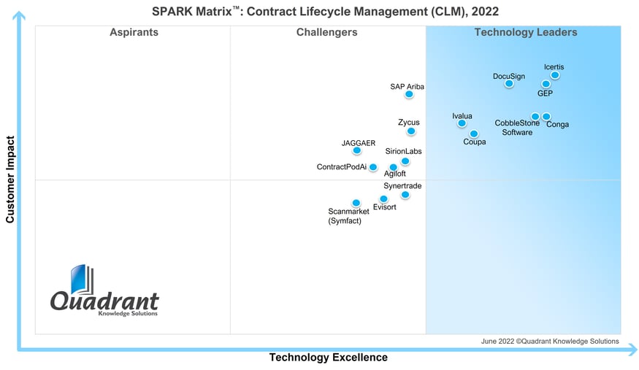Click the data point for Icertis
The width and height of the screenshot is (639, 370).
[x=555, y=75]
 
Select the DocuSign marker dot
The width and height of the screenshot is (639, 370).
[x=509, y=84]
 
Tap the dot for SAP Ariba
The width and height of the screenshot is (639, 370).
[x=409, y=94]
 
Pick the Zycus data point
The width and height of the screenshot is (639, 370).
[x=411, y=131]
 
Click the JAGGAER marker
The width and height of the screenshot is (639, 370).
[x=357, y=151]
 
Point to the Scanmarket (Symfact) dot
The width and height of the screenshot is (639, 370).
[x=356, y=203]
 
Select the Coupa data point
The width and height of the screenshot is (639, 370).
[x=474, y=134]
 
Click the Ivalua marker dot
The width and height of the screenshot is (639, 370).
[x=462, y=123]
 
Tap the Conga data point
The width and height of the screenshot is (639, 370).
[x=546, y=117]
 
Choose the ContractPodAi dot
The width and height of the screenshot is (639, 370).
[x=373, y=167]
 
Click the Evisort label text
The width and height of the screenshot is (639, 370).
[x=384, y=207]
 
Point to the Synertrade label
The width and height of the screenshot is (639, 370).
[x=402, y=186]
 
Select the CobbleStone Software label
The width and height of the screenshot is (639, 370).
[x=517, y=128]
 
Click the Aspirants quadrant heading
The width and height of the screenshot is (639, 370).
[x=134, y=32]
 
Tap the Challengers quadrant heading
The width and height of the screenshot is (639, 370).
[x=327, y=32]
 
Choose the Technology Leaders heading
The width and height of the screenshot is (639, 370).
[x=526, y=32]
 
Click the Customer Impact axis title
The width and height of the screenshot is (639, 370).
[x=10, y=179]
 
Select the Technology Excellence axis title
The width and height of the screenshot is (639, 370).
[x=328, y=358]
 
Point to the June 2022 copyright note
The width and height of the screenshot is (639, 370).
[x=550, y=341]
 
